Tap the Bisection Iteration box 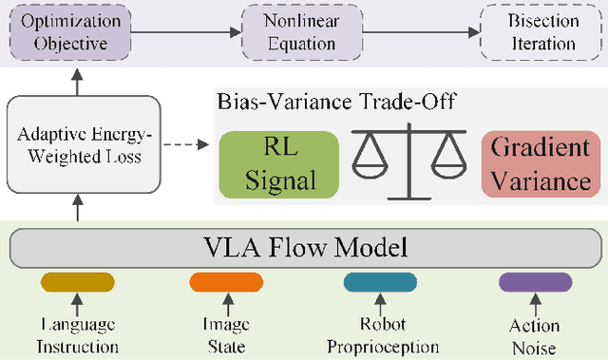coord(542,31)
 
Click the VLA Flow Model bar coord(303,249)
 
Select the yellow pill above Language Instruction coord(78,282)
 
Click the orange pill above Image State coord(213,282)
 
